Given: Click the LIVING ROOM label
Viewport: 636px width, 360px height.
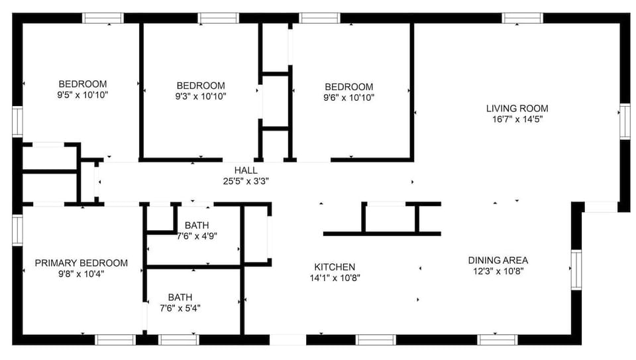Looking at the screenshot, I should [517, 109].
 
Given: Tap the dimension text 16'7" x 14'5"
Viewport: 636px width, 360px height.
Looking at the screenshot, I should [517, 120].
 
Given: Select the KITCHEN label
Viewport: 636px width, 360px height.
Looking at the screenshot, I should [335, 267].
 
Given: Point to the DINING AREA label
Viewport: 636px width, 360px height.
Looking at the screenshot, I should [498, 261].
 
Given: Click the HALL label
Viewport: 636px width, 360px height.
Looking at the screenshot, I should [245, 170].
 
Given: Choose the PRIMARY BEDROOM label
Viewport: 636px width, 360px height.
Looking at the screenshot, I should [81, 263].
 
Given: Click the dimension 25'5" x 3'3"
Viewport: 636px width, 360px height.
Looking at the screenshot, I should [245, 180].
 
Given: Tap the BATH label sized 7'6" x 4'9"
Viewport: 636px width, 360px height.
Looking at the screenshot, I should [197, 225].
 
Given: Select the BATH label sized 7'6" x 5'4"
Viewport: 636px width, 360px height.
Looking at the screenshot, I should [180, 297].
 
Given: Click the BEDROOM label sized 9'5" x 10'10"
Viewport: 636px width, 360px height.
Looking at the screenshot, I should [83, 84].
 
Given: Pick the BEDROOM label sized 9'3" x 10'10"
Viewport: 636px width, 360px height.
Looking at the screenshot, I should [200, 86].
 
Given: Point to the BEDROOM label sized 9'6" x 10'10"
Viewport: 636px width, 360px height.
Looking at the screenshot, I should [348, 87].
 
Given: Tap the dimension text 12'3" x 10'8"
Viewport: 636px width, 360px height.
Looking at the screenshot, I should [498, 271].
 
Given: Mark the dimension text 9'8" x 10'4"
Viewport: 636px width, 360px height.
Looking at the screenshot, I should [81, 273].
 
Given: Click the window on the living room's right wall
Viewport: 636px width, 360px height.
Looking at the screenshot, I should [624, 121].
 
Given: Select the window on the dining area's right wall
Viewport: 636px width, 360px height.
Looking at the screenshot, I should [576, 270].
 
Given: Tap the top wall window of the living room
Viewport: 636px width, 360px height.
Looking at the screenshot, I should [522, 18].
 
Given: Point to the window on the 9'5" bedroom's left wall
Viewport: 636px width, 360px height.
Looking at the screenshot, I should [17, 122].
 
